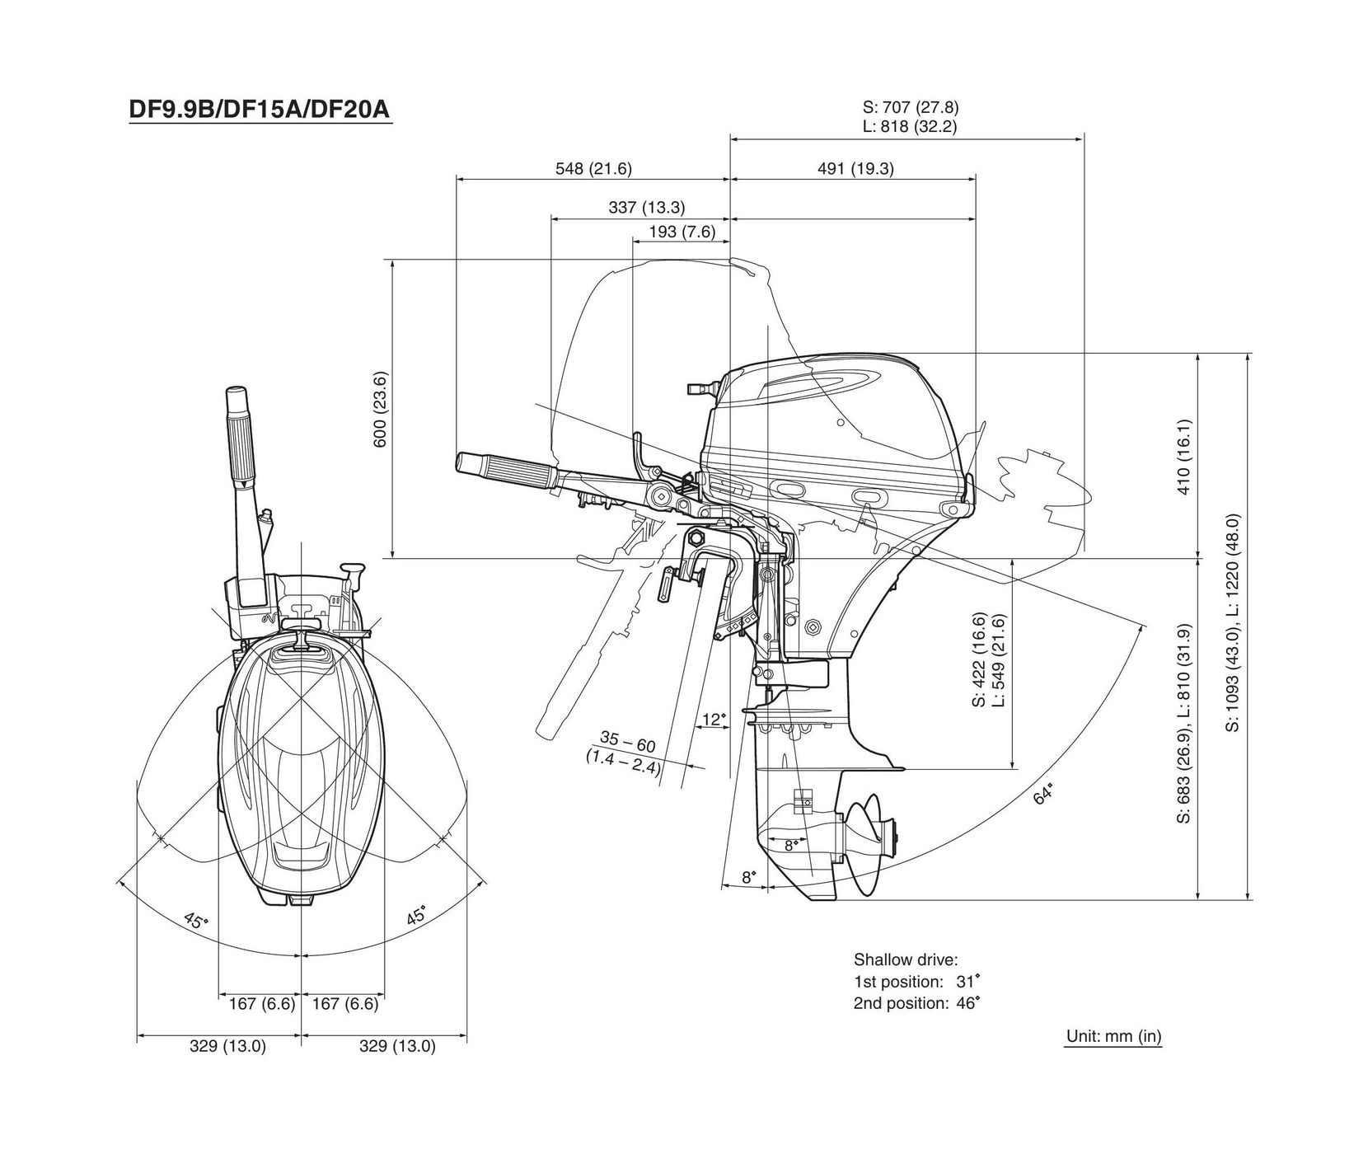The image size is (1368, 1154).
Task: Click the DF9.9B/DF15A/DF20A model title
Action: tap(259, 110)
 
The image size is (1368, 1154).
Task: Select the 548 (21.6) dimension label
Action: tap(593, 169)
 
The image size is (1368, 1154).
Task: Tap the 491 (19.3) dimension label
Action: tap(855, 169)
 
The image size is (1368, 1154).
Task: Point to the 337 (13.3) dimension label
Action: tap(647, 208)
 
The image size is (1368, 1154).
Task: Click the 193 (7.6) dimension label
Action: tap(682, 232)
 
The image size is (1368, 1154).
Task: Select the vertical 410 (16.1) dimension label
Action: tap(1184, 457)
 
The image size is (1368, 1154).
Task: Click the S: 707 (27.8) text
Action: tap(911, 107)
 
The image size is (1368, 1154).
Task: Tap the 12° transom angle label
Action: tap(714, 719)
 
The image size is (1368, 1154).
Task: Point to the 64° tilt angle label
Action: tap(1043, 795)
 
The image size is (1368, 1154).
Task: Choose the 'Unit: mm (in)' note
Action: tap(1114, 1036)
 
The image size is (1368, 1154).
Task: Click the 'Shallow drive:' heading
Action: tap(906, 959)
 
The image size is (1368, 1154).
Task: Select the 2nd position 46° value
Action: tap(966, 1003)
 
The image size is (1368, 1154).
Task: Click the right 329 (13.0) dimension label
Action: tap(397, 1047)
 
